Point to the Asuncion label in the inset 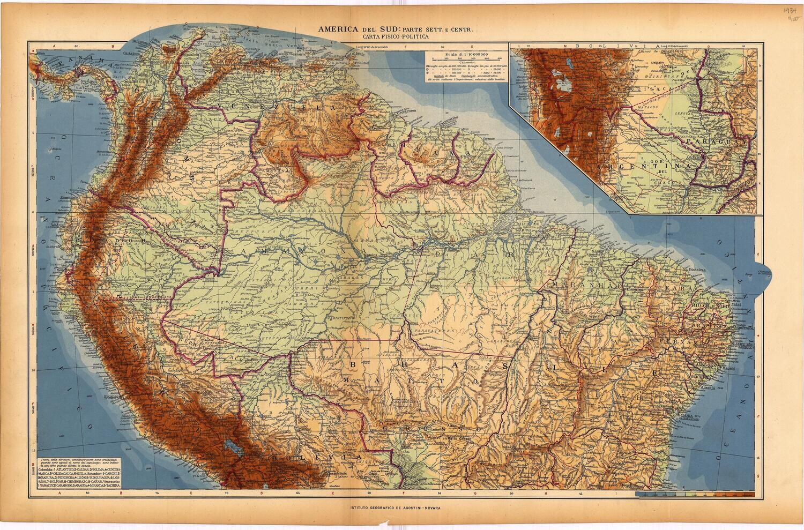[697, 166]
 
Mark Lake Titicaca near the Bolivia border [232, 444]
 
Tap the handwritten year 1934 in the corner [790, 10]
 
